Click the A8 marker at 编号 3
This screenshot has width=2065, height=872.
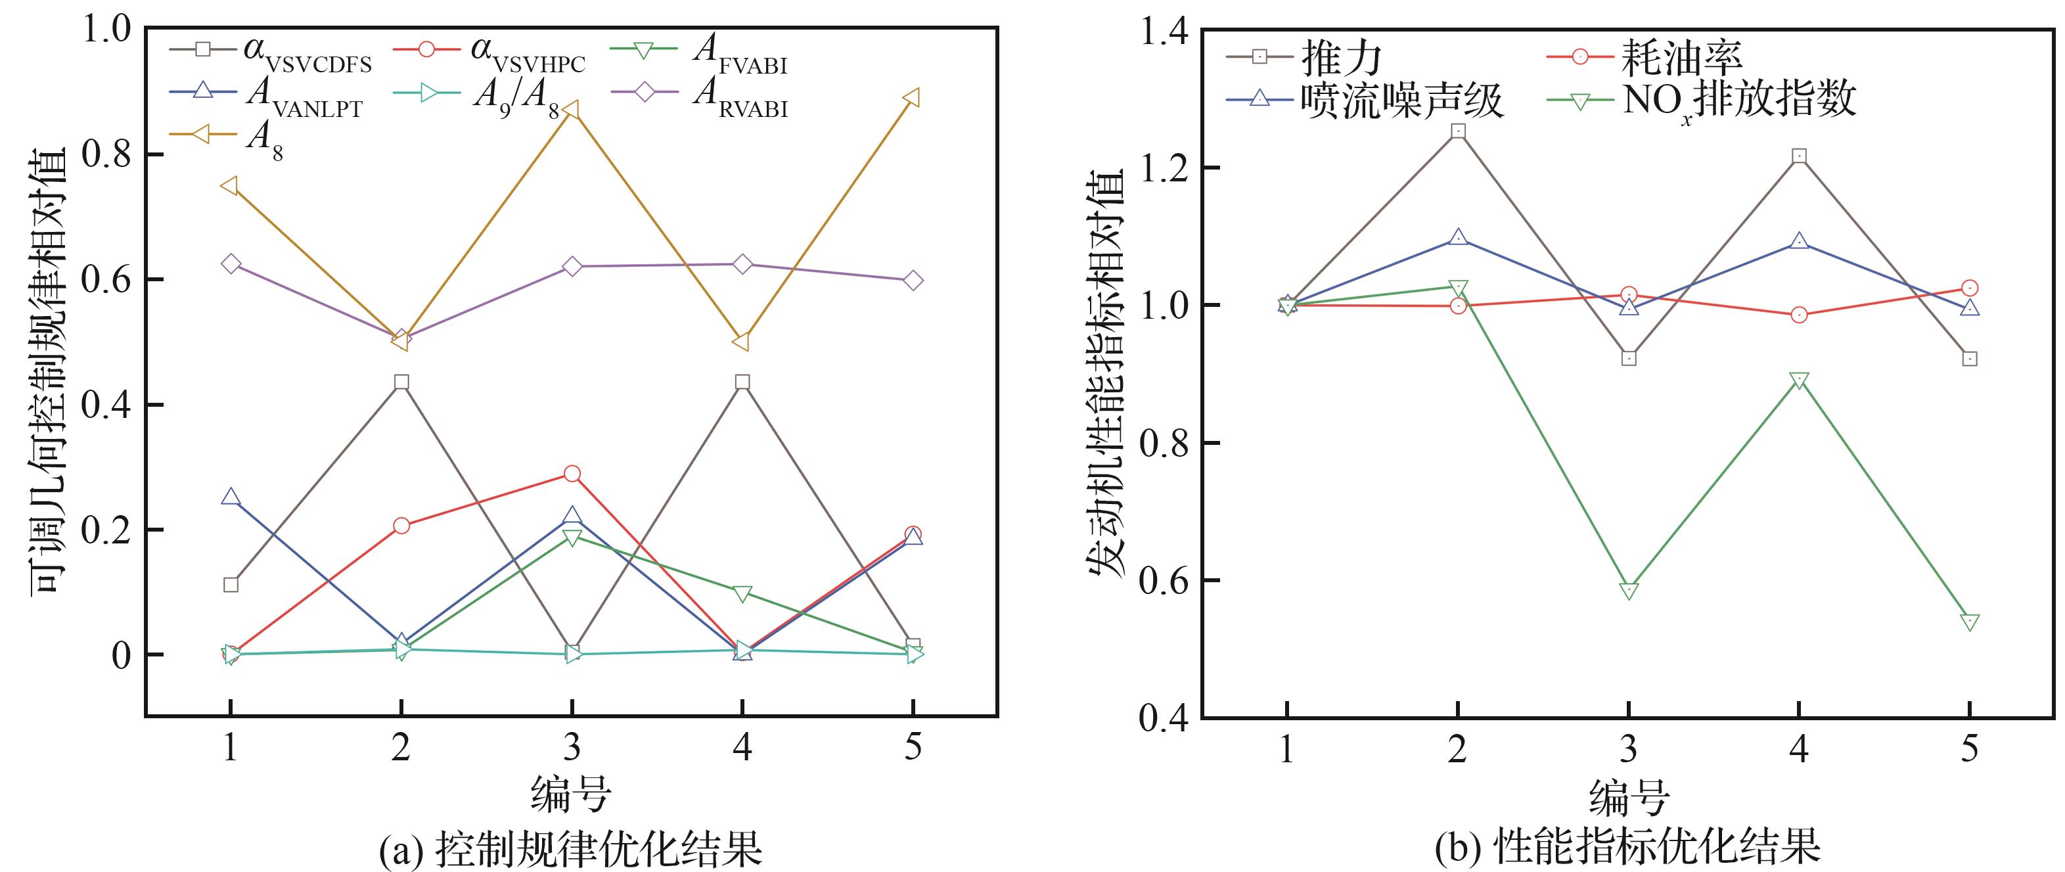[x=572, y=110]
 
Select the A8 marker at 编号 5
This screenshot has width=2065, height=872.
[x=912, y=98]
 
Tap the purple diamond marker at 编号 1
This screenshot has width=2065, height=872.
[x=231, y=264]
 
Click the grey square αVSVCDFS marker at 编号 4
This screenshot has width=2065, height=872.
[x=742, y=382]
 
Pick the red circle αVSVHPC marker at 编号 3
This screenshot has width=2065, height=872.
[x=572, y=474]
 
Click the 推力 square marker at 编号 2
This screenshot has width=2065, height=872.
[x=1458, y=131]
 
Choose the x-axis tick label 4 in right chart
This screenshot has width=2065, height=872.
[x=1799, y=749]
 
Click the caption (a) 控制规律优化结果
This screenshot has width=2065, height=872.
[x=570, y=850]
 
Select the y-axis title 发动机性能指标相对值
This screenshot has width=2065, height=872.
[x=1107, y=373]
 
